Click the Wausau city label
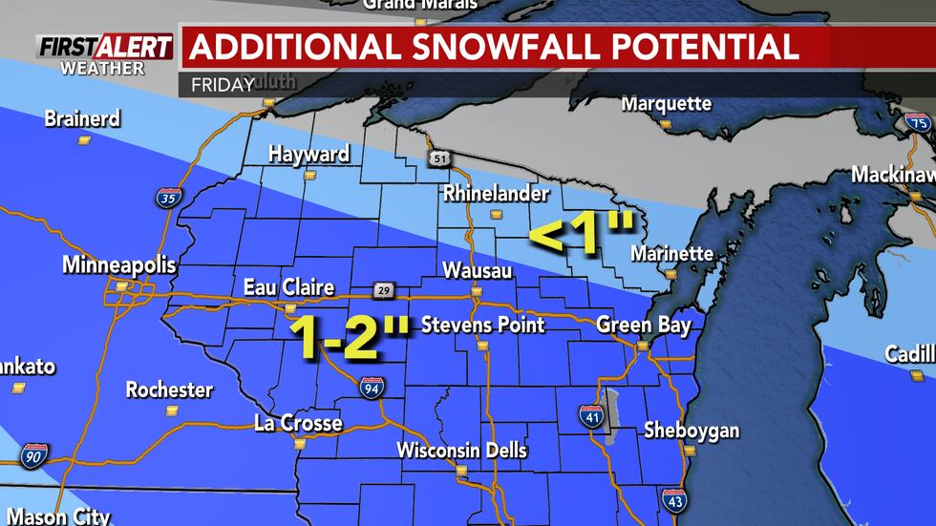pyautogui.click(x=478, y=272)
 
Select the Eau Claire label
pyautogui.click(x=288, y=287)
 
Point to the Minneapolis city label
pyautogui.click(x=119, y=265)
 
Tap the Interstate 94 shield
pyautogui.click(x=372, y=387)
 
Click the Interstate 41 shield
pyautogui.click(x=590, y=415)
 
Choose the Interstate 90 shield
pyautogui.click(x=35, y=455)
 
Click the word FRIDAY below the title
pyautogui.click(x=223, y=85)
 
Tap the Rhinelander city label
pyautogui.click(x=496, y=194)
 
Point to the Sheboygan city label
pyautogui.click(x=691, y=431)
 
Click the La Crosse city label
pyautogui.click(x=298, y=423)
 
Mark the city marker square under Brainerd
pyautogui.click(x=84, y=139)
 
